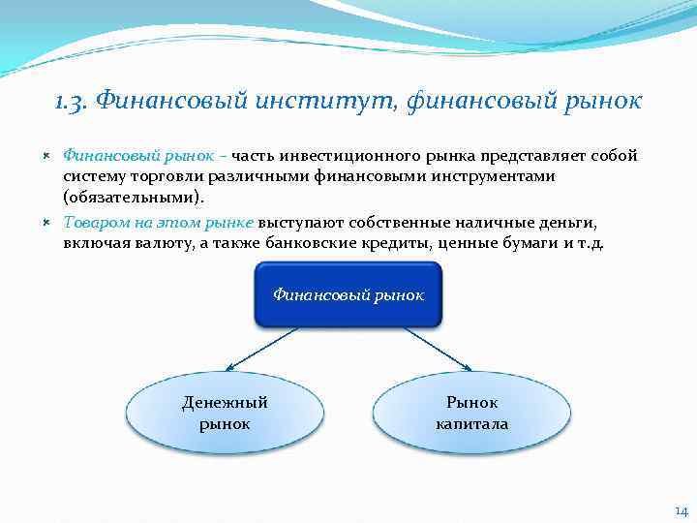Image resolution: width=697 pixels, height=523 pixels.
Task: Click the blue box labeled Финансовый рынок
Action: click(x=348, y=293)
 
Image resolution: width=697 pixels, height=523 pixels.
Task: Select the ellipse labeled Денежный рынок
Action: click(x=225, y=413)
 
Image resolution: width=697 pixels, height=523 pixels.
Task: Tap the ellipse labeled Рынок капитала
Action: click(x=471, y=413)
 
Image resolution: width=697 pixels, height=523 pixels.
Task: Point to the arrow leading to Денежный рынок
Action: click(x=271, y=347)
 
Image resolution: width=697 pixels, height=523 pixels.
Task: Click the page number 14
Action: click(x=681, y=510)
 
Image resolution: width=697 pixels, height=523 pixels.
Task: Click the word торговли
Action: click(x=168, y=177)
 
